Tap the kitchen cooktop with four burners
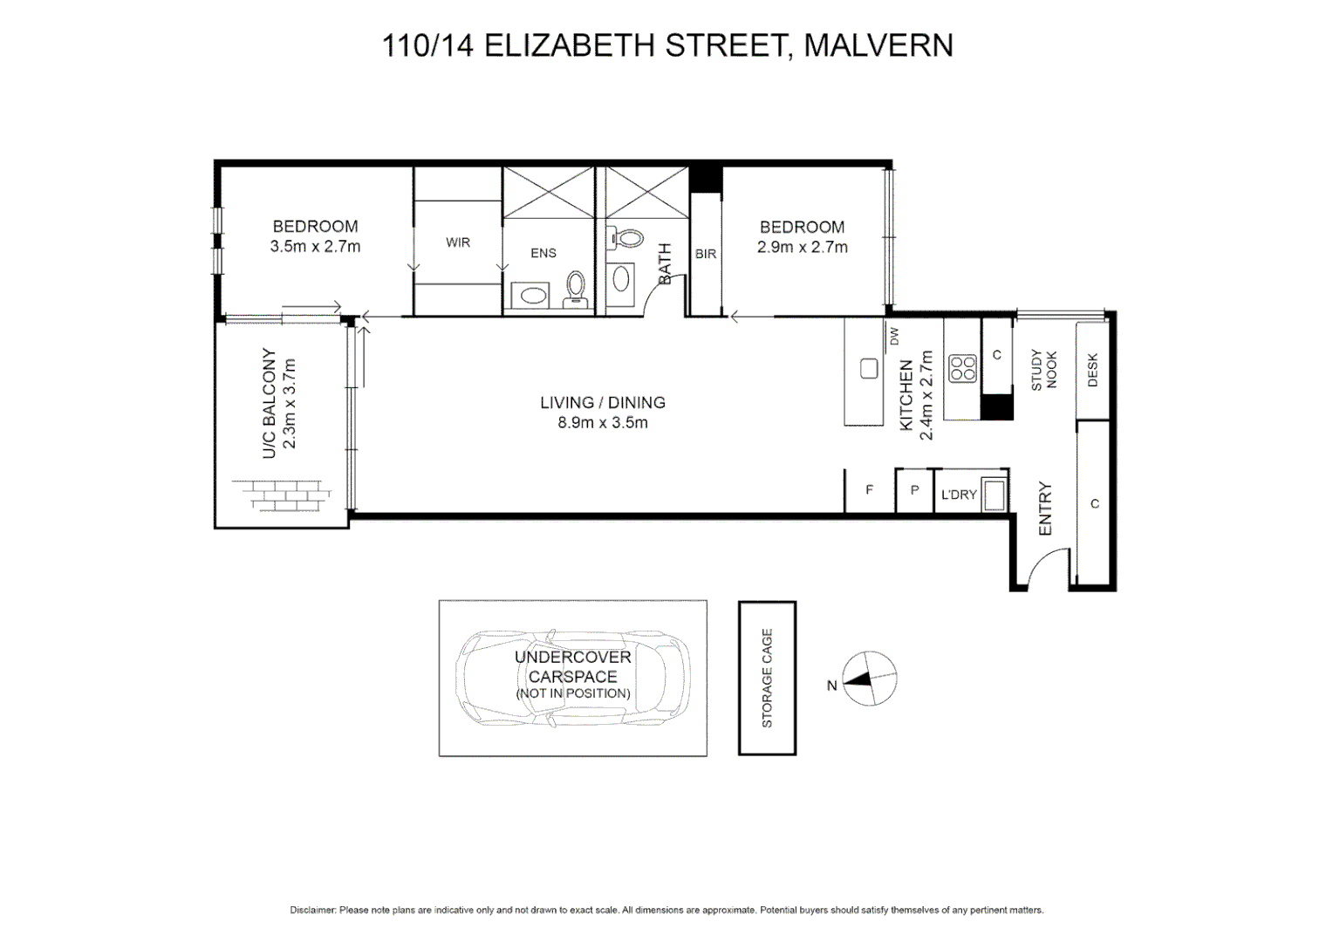(x=962, y=368)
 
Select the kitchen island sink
(x=869, y=369)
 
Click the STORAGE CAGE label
(x=767, y=678)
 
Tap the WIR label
(x=457, y=242)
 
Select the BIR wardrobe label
(x=705, y=254)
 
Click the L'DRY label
(x=958, y=495)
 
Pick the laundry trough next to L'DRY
(x=994, y=495)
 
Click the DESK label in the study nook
(x=1092, y=370)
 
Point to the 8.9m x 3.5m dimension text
(x=602, y=423)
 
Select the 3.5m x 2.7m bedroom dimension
(x=315, y=247)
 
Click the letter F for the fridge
(x=869, y=490)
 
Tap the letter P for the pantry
(x=914, y=490)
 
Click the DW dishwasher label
(x=893, y=336)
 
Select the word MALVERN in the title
(x=878, y=45)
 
